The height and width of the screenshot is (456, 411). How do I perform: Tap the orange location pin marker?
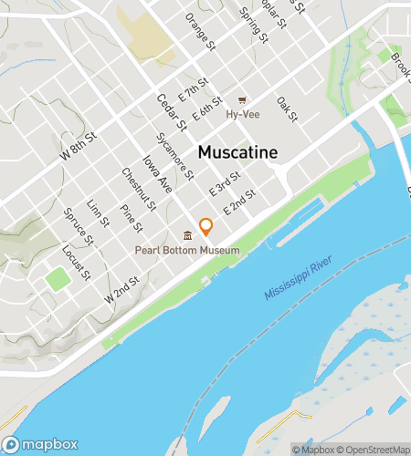point(206,226)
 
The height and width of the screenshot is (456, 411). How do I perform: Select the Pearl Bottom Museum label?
point(187,251)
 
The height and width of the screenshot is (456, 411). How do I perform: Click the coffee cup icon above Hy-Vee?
point(242,100)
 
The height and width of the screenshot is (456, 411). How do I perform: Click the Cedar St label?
point(171,112)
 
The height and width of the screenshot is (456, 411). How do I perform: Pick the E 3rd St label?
point(224,184)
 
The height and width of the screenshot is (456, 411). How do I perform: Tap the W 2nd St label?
point(121,291)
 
